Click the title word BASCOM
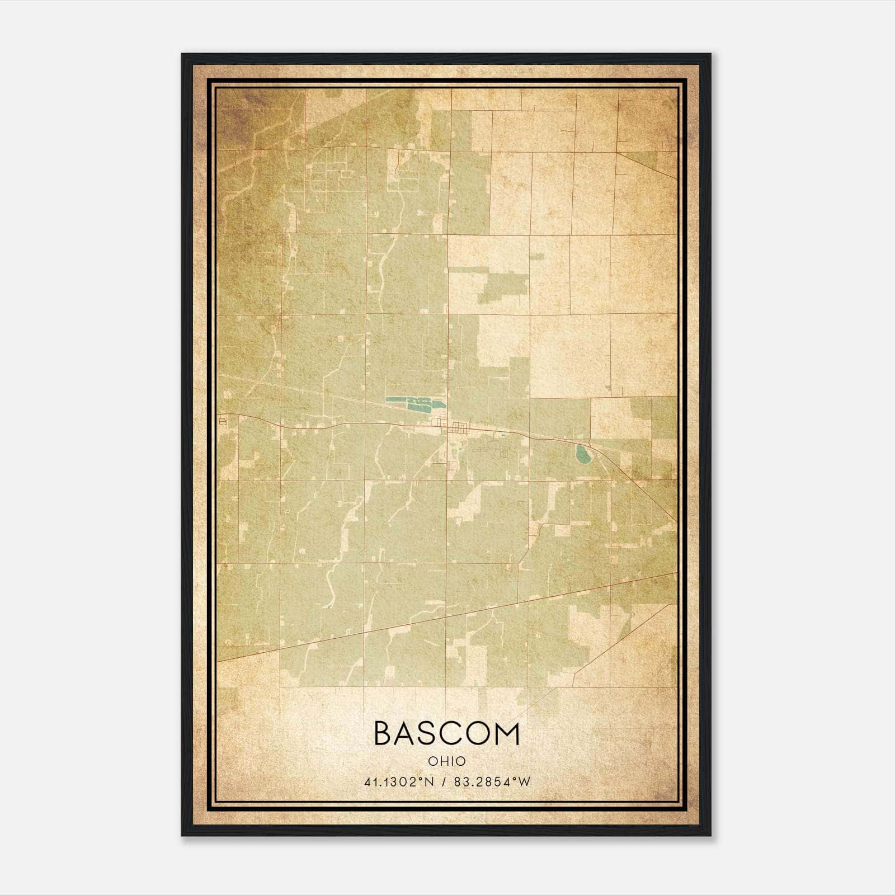coord(446,734)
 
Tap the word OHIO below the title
coord(446,761)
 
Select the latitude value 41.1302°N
coord(398,782)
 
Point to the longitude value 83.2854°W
coord(491,782)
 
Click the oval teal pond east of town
coord(583,455)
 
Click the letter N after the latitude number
coord(429,782)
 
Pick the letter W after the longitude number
coord(524,782)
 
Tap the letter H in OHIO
coord(440,761)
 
